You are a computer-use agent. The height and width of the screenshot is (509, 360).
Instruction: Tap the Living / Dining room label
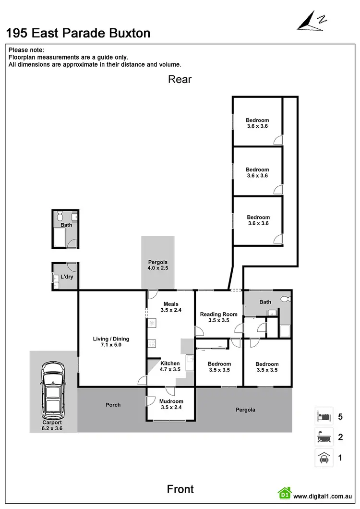[111, 342]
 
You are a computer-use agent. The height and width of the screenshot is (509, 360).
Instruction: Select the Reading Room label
[218, 317]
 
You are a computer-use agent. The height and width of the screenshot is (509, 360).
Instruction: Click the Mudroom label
[171, 404]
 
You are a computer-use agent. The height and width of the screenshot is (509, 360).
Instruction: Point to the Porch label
[113, 405]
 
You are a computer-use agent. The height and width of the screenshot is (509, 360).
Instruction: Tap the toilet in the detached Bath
[60, 215]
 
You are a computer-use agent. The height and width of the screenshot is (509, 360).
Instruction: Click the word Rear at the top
[180, 79]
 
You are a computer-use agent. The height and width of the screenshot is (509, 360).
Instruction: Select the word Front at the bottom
[180, 489]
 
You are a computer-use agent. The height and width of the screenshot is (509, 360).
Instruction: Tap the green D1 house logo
[285, 493]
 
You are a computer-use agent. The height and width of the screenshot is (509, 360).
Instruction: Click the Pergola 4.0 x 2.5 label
[158, 265]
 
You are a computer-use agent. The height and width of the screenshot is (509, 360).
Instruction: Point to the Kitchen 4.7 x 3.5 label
[170, 367]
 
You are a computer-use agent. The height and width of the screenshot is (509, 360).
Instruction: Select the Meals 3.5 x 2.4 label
[171, 307]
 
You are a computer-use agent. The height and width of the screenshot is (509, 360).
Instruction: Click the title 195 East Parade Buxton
[78, 33]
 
